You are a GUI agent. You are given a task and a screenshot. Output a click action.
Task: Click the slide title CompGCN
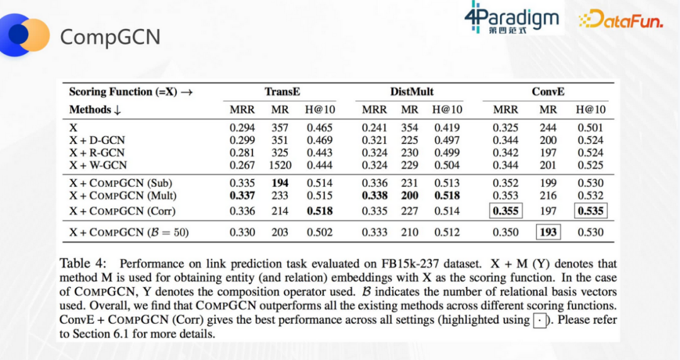point(110,37)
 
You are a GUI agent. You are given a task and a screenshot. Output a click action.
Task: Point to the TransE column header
point(282,92)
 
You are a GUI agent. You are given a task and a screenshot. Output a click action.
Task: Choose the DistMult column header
point(412,92)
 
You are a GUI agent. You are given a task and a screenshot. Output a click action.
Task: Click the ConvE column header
point(548,92)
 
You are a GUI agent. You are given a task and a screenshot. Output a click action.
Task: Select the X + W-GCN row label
point(98,166)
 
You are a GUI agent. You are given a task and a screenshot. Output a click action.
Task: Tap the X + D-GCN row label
point(98,140)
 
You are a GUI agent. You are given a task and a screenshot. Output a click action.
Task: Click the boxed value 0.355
point(506,211)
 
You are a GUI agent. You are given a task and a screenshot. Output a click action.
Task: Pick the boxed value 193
point(548,232)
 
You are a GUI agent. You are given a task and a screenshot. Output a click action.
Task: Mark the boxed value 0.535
point(591,211)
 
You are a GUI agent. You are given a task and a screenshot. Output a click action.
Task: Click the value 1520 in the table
point(280,166)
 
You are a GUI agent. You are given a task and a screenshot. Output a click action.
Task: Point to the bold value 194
point(280,183)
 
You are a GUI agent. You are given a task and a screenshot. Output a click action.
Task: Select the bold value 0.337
point(242,196)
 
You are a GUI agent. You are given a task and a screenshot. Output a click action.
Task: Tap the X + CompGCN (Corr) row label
point(122,211)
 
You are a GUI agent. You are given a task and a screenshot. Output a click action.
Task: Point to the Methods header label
point(90,110)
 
